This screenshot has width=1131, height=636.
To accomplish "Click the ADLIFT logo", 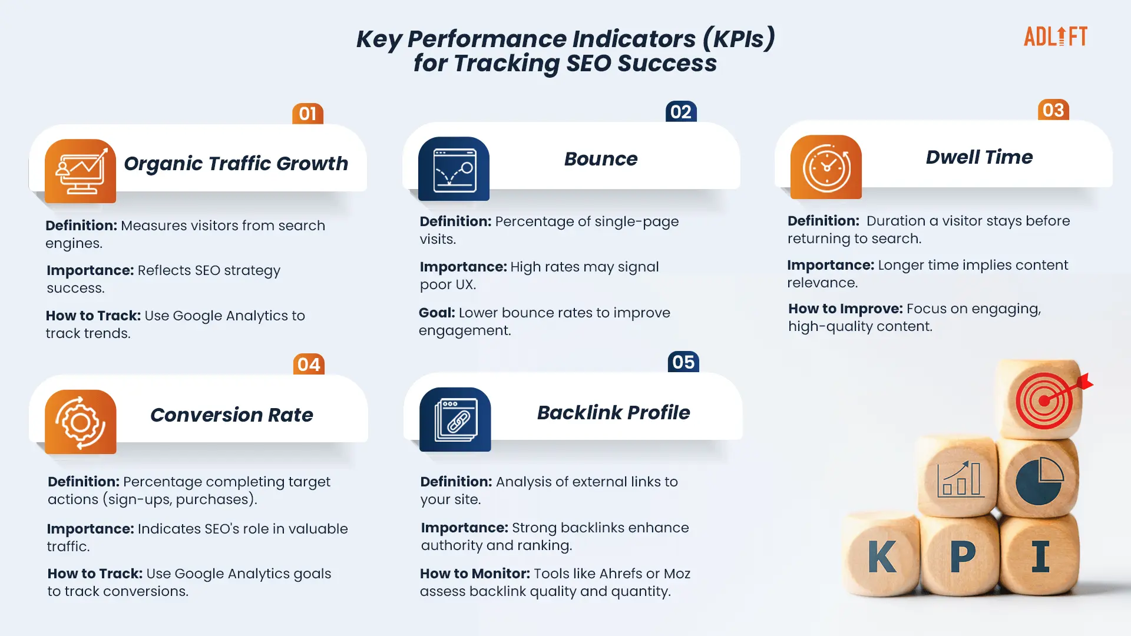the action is tap(1055, 37).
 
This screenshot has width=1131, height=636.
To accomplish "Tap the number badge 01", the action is tap(307, 114).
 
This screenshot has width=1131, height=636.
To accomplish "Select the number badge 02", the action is tap(681, 111).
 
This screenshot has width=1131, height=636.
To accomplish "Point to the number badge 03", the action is tap(1053, 110).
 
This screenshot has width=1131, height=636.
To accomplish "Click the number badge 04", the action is tap(309, 365).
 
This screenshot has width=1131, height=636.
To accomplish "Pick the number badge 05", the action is tap(683, 362).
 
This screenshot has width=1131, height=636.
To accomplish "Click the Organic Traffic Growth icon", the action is tap(80, 171).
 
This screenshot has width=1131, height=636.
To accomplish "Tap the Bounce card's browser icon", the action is tap(454, 169).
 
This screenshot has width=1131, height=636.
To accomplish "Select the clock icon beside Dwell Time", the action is tap(826, 167).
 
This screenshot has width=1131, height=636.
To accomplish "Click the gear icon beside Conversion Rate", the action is tap(80, 422).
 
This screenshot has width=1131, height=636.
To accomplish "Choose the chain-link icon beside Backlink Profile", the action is tap(455, 419).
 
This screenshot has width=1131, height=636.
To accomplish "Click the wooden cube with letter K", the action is tap(881, 555).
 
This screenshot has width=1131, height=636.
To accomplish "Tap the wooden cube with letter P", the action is tap(960, 555).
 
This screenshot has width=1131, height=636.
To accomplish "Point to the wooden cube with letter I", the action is tap(1040, 555).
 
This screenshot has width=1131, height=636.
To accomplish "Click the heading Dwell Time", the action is tap(979, 157).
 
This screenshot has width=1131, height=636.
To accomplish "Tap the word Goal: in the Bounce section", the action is tap(437, 313).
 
